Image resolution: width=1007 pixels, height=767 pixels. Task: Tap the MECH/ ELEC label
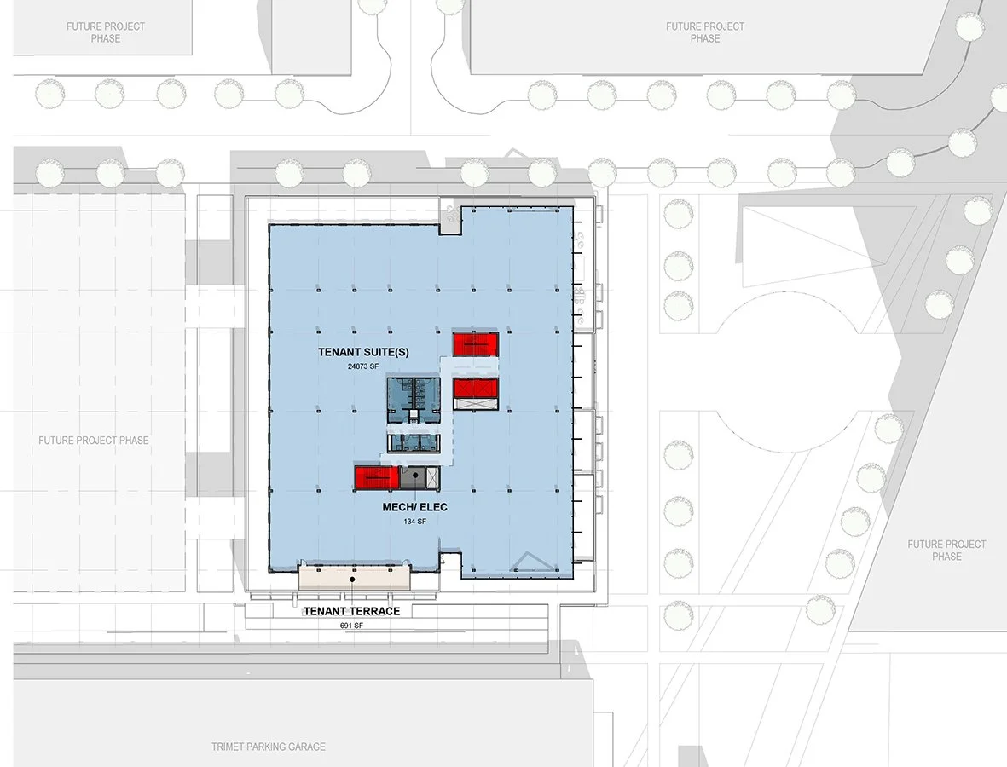coord(415,507)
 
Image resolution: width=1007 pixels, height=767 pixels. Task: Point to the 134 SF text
coord(415,522)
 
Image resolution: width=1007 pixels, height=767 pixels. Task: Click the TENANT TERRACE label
coord(352,611)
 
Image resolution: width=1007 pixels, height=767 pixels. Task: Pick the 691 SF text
coord(352,626)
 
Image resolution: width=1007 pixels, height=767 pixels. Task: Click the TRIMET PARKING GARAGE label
coord(269,747)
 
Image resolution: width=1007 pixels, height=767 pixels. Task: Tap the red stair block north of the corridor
coord(475,343)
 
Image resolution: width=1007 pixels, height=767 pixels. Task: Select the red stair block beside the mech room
coord(377,477)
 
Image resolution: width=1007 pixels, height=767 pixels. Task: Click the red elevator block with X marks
coord(474,388)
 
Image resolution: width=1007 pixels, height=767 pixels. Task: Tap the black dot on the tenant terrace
coord(352,580)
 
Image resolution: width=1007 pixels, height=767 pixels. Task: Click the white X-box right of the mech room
coord(431,476)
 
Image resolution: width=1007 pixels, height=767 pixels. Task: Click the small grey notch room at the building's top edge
coord(449,218)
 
